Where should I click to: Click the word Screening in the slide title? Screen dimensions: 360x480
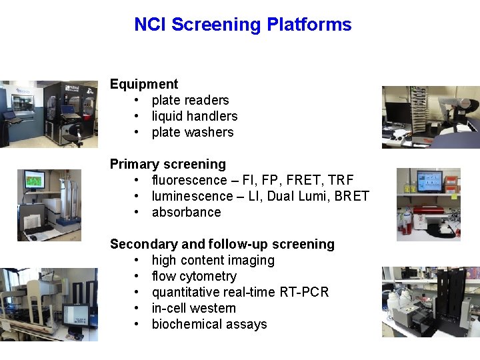(216, 25)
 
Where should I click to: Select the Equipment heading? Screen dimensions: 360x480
(144, 84)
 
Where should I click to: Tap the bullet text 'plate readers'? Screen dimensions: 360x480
(190, 100)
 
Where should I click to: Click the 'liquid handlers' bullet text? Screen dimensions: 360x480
(194, 116)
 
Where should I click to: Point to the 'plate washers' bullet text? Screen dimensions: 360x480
(193, 132)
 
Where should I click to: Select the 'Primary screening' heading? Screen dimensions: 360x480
(167, 164)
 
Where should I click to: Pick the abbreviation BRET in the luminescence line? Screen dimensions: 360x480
(351, 196)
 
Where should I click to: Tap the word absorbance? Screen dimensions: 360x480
(186, 212)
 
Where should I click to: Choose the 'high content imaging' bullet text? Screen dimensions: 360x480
(213, 260)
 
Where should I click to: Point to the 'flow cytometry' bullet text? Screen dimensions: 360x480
(194, 276)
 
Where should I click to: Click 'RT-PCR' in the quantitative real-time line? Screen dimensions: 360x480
(307, 292)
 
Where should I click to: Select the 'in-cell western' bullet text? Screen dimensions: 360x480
(193, 308)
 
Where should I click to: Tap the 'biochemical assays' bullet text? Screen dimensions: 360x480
(209, 324)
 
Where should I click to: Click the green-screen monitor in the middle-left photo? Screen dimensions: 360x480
(34, 180)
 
